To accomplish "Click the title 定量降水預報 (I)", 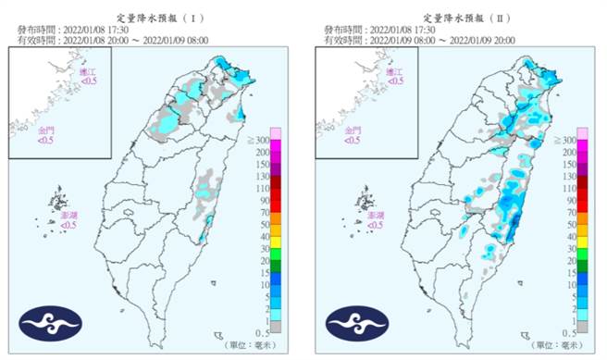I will (x=152, y=18).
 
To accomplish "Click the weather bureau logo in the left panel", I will (x=51, y=323).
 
